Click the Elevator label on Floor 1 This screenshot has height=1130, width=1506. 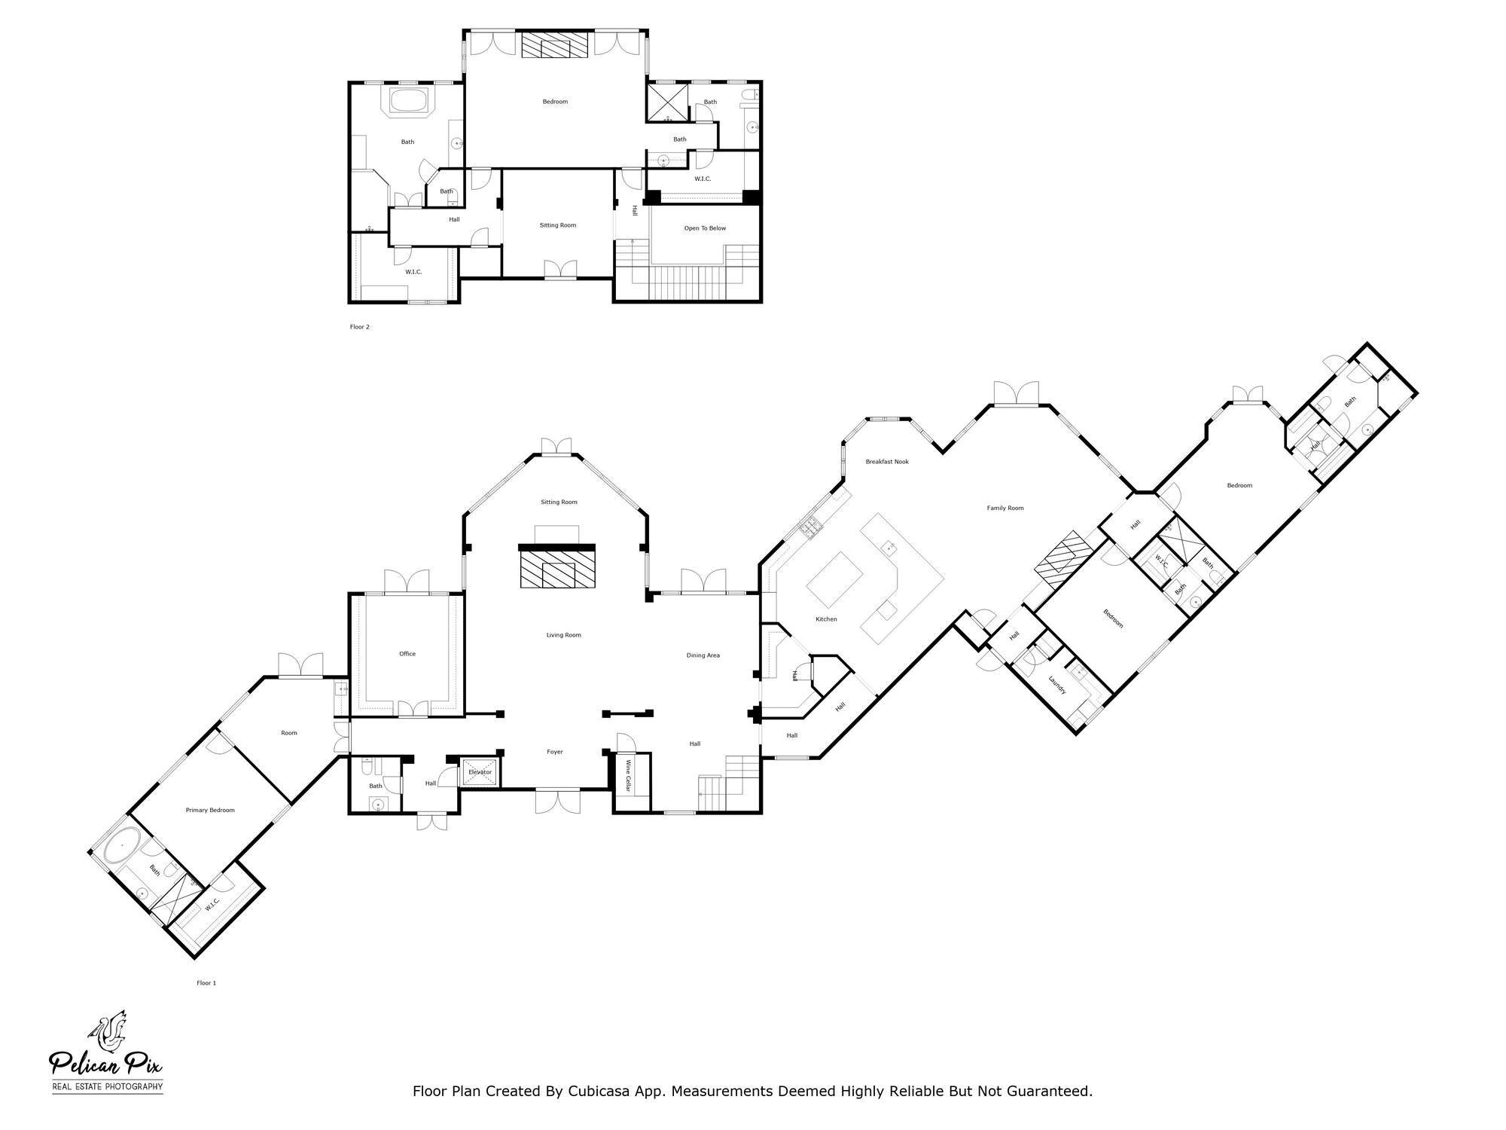pyautogui.click(x=480, y=772)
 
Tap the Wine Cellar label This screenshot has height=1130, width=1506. pyautogui.click(x=629, y=776)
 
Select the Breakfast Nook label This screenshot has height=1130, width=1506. pyautogui.click(x=887, y=462)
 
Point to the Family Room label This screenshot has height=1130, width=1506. pyautogui.click(x=1005, y=508)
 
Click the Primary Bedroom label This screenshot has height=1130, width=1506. pyautogui.click(x=210, y=811)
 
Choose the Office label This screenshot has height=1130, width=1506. pyautogui.click(x=407, y=654)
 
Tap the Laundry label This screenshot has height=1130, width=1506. pyautogui.click(x=1057, y=685)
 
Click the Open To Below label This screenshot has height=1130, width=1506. pyautogui.click(x=705, y=228)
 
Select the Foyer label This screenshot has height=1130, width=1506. pyautogui.click(x=555, y=752)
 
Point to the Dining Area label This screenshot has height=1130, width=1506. pyautogui.click(x=703, y=655)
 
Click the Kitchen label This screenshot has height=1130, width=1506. pyautogui.click(x=826, y=619)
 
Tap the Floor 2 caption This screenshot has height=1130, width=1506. pyautogui.click(x=360, y=327)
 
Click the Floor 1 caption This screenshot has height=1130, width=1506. pyautogui.click(x=206, y=983)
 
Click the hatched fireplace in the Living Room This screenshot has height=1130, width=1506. pyautogui.click(x=557, y=567)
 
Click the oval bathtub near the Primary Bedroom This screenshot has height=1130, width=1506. pyautogui.click(x=122, y=847)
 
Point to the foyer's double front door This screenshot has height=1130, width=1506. pyautogui.click(x=558, y=801)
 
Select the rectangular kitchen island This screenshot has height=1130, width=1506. pyautogui.click(x=835, y=579)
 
